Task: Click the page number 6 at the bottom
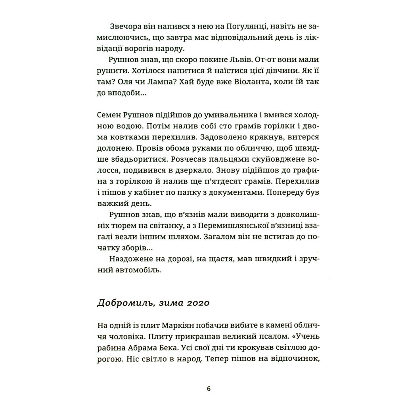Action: coord(209,388)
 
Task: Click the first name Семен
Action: coord(110,116)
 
